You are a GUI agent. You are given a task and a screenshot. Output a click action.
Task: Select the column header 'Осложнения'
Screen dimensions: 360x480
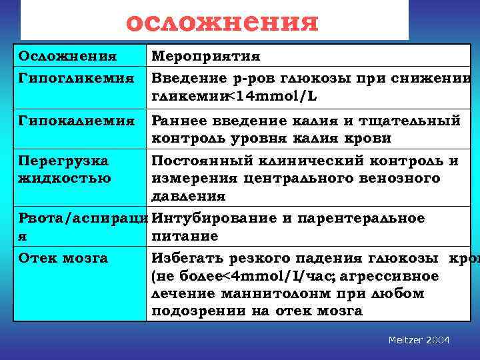click(x=67, y=56)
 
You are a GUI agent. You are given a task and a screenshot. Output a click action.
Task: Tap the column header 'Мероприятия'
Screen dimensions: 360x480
click(x=205, y=56)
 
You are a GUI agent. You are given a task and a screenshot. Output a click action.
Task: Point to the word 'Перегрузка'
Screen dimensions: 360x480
click(x=63, y=161)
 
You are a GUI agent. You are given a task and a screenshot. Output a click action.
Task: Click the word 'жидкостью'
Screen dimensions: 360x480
click(x=64, y=178)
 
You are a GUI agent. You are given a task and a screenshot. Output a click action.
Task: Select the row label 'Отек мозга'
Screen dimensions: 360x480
click(x=63, y=258)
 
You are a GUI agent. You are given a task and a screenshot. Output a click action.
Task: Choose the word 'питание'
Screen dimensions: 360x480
click(x=185, y=237)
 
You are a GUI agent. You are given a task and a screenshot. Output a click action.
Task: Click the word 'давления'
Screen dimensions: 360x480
click(x=188, y=197)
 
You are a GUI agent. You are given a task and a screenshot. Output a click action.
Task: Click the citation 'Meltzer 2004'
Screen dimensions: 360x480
click(x=419, y=341)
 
